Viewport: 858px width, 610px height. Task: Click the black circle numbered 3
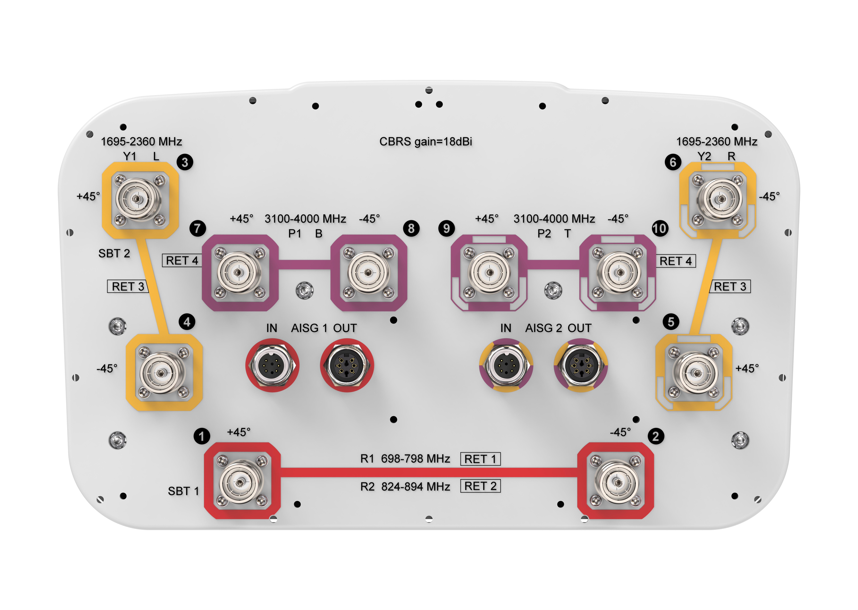pos(185,162)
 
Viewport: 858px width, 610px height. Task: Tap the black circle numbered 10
pos(660,228)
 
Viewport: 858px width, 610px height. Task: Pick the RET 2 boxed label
pos(481,486)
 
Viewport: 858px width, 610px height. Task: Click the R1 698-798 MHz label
pos(405,459)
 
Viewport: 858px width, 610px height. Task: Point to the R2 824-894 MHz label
pos(405,486)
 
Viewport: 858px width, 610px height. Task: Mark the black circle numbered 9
pos(446,228)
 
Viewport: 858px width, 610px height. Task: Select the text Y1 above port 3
pos(130,156)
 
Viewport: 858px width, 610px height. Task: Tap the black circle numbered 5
pos(671,322)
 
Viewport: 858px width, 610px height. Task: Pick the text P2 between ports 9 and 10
pos(544,234)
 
